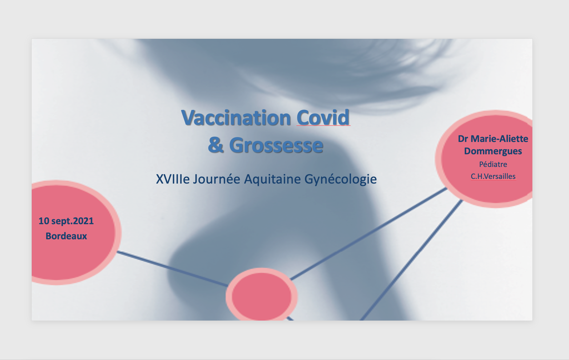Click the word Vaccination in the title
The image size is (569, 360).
[x=236, y=118]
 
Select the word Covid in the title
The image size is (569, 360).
[x=323, y=118]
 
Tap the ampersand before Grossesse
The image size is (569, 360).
[x=215, y=145]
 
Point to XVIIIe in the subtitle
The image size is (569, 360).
[x=173, y=179]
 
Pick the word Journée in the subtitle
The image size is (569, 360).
[x=216, y=179]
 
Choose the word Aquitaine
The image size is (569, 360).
[x=272, y=179]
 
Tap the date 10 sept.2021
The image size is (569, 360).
[x=66, y=221]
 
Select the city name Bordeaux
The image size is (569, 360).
[x=66, y=236]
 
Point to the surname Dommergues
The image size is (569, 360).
[x=493, y=151]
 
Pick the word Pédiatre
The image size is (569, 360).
[x=493, y=164]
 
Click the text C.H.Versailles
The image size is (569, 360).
[x=493, y=176]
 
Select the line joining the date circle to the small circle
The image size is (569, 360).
[x=172, y=269]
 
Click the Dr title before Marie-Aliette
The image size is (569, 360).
[x=463, y=139]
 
